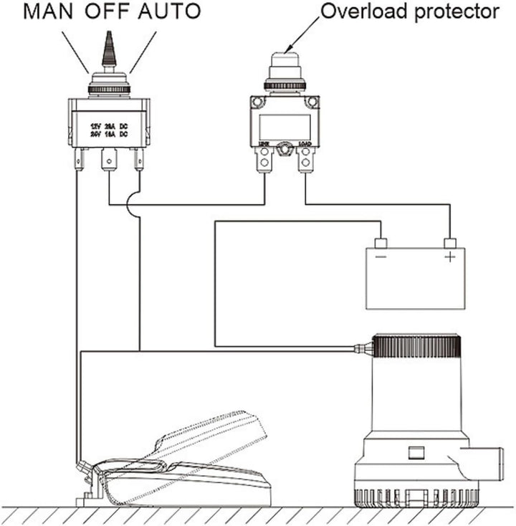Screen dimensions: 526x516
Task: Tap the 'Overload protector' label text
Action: (x=410, y=12)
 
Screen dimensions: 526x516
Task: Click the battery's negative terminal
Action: (x=381, y=243)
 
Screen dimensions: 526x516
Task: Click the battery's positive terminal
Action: (x=450, y=243)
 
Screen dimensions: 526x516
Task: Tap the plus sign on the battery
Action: (x=449, y=257)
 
